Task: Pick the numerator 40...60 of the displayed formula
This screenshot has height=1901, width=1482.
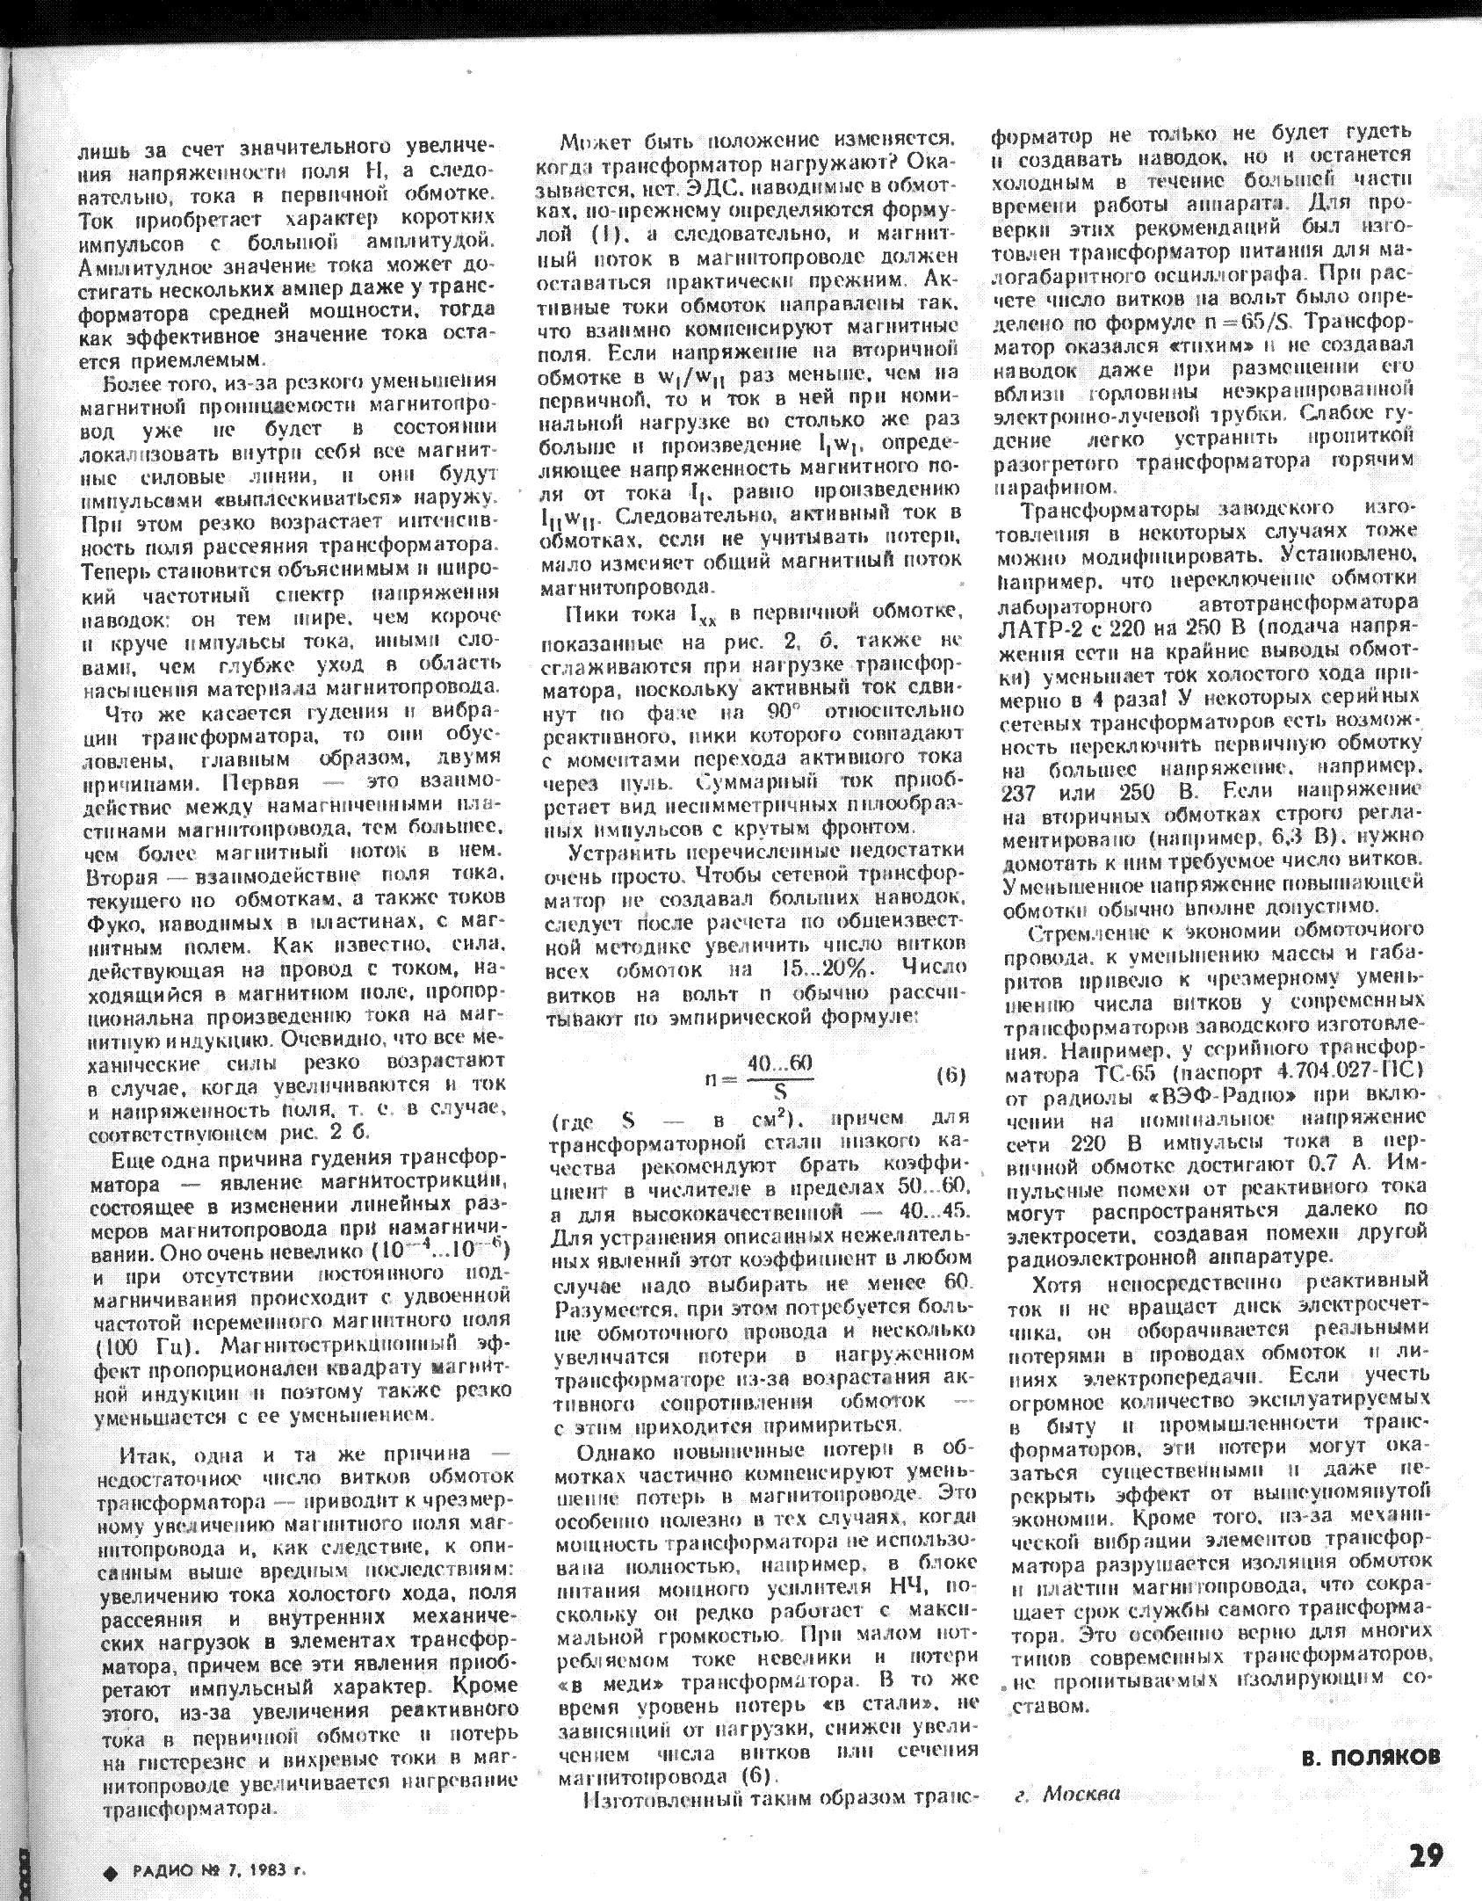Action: tap(778, 1063)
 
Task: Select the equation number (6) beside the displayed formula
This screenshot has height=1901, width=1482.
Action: tap(951, 1075)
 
